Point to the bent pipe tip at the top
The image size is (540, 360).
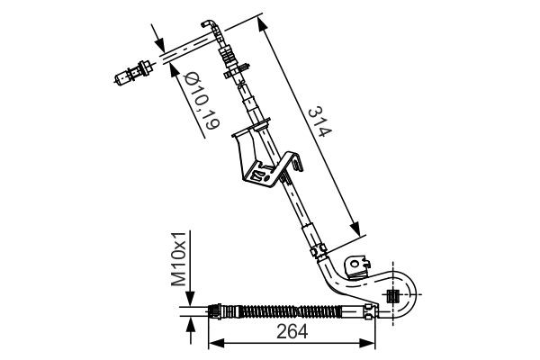click(x=209, y=24)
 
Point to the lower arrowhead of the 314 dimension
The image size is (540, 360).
click(x=358, y=229)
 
